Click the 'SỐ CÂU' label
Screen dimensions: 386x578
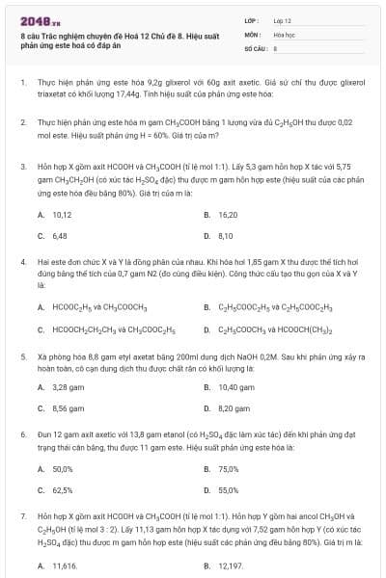pyautogui.click(x=255, y=47)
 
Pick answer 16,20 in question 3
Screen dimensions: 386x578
pyautogui.click(x=228, y=214)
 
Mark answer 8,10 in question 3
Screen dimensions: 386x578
pyautogui.click(x=226, y=235)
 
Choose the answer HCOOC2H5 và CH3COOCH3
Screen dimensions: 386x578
pyautogui.click(x=98, y=307)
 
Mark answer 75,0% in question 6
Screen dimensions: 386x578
pyautogui.click(x=229, y=468)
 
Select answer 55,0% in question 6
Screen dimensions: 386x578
pyautogui.click(x=229, y=489)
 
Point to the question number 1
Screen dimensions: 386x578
pyautogui.click(x=22, y=84)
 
